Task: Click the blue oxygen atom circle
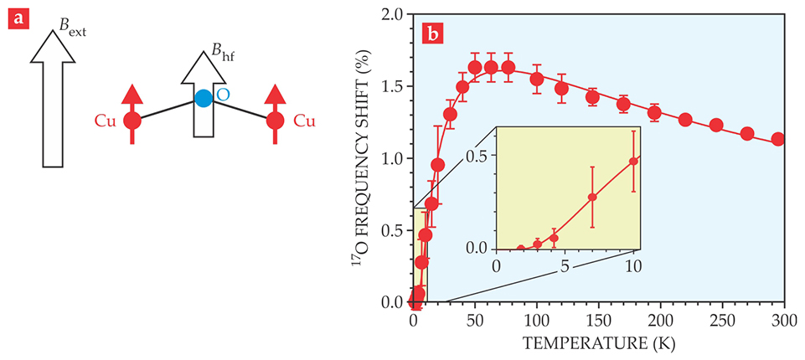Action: (204, 97)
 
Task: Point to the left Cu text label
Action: (104, 122)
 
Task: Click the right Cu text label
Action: (302, 122)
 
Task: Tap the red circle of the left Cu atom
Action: (132, 121)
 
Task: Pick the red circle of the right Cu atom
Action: (275, 121)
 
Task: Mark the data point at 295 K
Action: (777, 139)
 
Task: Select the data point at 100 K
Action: (537, 79)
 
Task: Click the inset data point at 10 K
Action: (633, 161)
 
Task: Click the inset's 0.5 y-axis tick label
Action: (477, 156)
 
